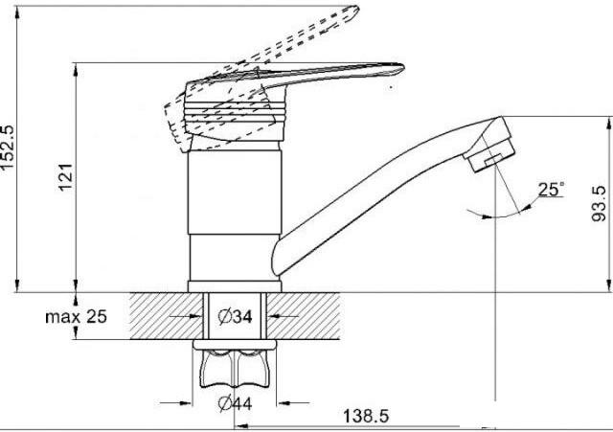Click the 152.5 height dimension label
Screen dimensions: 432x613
tap(9, 144)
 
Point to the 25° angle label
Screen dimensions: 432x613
tap(552, 190)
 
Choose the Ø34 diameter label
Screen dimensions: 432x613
tap(234, 317)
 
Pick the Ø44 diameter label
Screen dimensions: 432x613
tap(234, 403)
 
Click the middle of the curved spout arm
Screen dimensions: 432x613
tap(374, 187)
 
